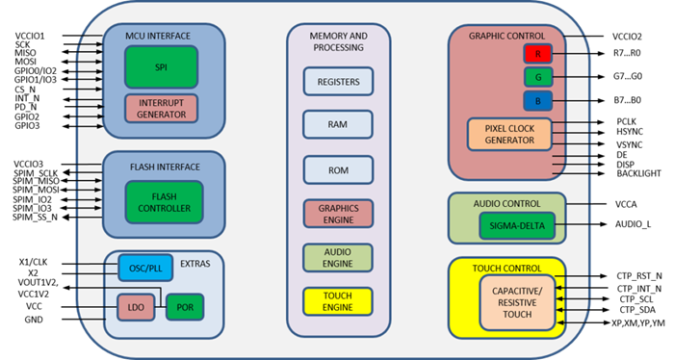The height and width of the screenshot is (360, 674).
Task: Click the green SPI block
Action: (161, 67)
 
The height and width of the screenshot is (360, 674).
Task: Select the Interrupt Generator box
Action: (161, 108)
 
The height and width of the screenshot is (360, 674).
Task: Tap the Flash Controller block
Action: (164, 202)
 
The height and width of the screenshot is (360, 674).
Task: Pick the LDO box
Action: (135, 308)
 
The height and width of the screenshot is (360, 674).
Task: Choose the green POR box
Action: (185, 307)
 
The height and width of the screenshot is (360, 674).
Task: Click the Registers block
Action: (338, 82)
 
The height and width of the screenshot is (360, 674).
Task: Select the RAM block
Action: (338, 125)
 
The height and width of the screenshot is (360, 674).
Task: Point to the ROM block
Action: (338, 169)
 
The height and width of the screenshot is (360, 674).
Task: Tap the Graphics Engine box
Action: (338, 214)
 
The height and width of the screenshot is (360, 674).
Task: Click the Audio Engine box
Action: (338, 257)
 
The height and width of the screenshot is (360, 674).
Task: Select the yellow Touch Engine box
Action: (338, 301)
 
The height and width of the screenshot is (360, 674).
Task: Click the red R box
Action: (537, 54)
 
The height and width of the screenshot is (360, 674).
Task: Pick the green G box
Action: (537, 77)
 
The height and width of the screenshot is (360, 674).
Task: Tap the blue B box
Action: (537, 100)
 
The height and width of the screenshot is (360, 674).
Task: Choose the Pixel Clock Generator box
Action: (509, 134)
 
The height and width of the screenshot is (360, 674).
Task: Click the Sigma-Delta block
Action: (517, 226)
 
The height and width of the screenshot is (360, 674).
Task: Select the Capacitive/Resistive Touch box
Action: (518, 300)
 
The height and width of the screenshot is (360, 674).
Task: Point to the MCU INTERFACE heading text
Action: (158, 37)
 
